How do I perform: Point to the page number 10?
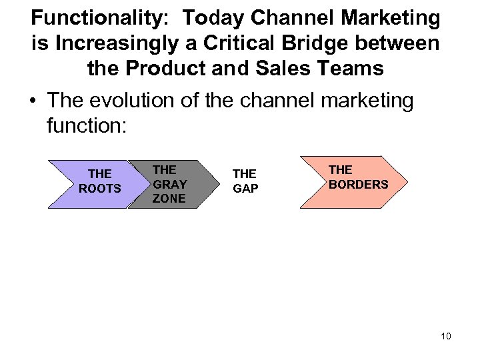pyautogui.click(x=445, y=336)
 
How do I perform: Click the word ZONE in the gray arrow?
pyautogui.click(x=168, y=199)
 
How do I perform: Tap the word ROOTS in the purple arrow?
pyautogui.click(x=100, y=189)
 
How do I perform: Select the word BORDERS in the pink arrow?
pyautogui.click(x=359, y=184)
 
